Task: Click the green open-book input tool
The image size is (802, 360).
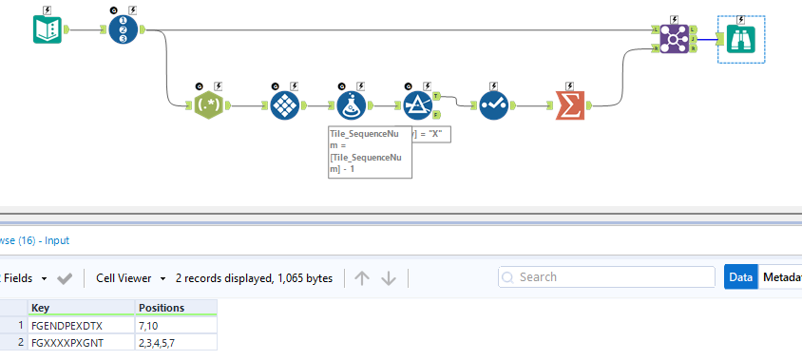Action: [48, 30]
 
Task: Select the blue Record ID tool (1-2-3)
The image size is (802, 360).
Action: [123, 30]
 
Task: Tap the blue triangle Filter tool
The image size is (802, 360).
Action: [418, 105]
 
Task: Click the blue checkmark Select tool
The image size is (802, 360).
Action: [493, 105]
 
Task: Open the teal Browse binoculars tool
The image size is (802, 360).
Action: [741, 39]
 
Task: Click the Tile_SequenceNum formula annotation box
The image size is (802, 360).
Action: [370, 151]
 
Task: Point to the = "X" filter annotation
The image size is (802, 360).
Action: [431, 134]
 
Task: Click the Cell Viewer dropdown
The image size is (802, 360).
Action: [131, 278]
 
